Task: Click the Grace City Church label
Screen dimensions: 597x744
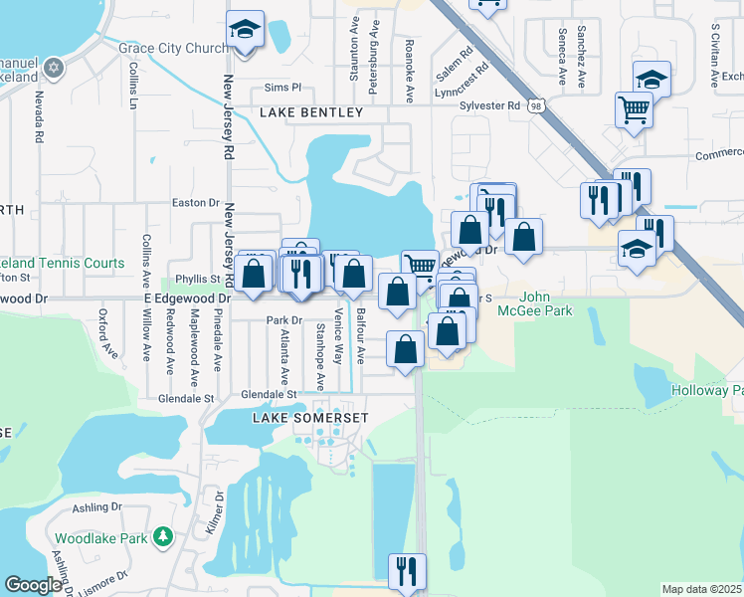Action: click(173, 48)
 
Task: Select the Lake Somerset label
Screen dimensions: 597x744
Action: click(310, 418)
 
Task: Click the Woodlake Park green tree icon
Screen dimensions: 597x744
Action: click(163, 538)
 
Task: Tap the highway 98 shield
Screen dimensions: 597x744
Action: click(537, 105)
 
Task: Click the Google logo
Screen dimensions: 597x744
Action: click(34, 585)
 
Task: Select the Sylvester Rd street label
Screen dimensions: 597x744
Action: click(489, 105)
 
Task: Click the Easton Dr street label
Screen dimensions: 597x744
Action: click(195, 202)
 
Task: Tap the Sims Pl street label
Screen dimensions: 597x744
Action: click(281, 88)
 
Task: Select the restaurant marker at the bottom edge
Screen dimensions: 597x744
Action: click(406, 571)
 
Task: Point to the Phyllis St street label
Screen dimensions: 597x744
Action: click(197, 279)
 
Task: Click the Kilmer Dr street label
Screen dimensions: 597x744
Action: click(212, 510)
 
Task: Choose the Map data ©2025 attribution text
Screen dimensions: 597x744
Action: click(701, 589)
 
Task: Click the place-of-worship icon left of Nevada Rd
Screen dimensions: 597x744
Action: click(53, 68)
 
